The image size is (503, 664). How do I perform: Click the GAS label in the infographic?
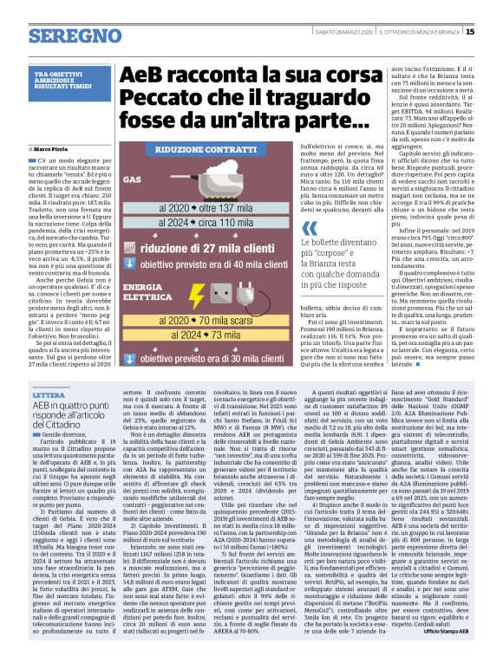click(x=132, y=180)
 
